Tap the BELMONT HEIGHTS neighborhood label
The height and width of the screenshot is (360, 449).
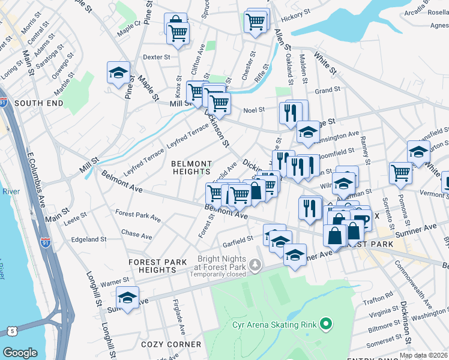click(x=191, y=167)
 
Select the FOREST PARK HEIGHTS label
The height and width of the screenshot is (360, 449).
click(x=159, y=266)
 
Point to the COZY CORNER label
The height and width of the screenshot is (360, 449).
click(x=171, y=344)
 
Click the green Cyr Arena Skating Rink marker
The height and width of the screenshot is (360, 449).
click(x=327, y=325)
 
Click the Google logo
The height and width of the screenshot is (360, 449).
click(x=20, y=353)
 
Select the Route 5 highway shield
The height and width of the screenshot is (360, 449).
click(x=12, y=331)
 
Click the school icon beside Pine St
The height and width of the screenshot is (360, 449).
click(x=118, y=73)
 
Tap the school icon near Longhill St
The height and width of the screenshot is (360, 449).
click(x=127, y=298)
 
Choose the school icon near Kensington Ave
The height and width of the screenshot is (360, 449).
click(x=307, y=132)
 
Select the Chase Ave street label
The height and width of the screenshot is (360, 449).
click(x=141, y=235)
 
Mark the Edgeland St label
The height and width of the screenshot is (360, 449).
click(x=88, y=239)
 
